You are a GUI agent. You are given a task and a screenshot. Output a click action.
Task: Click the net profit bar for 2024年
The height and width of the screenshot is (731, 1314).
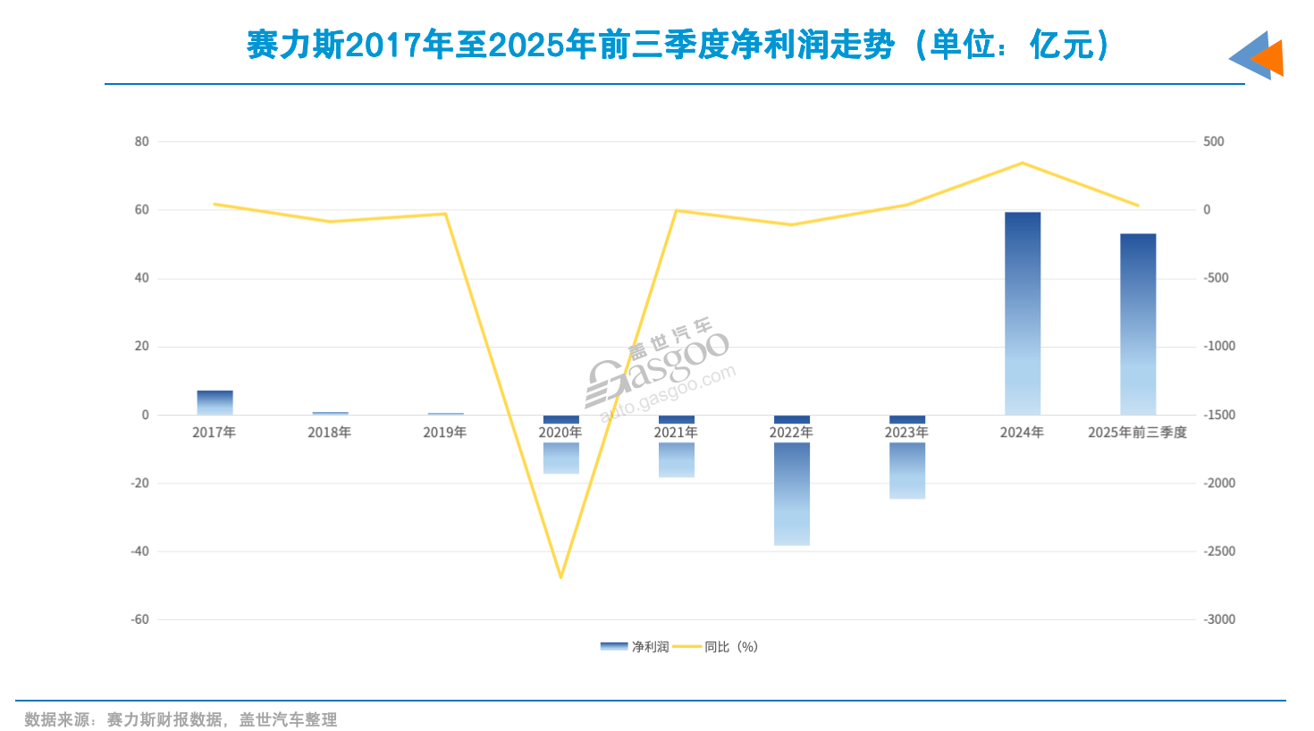pyautogui.click(x=1023, y=313)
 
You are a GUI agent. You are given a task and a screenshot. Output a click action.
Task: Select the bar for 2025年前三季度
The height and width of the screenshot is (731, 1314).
pyautogui.click(x=1138, y=323)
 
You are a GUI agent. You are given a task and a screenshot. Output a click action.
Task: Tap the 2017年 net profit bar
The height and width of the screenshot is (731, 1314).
pyautogui.click(x=215, y=402)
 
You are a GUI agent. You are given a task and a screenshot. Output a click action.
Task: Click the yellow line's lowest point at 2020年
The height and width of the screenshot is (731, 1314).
pyautogui.click(x=560, y=577)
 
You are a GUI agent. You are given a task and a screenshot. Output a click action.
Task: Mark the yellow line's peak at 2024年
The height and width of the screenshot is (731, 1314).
pyautogui.click(x=1023, y=163)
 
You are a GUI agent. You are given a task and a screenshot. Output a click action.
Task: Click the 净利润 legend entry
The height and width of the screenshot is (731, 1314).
pyautogui.click(x=635, y=646)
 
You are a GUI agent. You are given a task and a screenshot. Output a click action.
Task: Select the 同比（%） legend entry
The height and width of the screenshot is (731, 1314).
pyautogui.click(x=715, y=646)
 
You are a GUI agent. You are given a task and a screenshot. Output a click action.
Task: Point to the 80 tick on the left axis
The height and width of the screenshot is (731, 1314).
pyautogui.click(x=142, y=141)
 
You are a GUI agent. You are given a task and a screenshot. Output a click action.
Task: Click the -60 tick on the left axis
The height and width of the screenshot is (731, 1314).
pyautogui.click(x=139, y=619)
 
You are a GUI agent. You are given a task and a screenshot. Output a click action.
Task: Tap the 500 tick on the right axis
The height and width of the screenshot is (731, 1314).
pyautogui.click(x=1213, y=141)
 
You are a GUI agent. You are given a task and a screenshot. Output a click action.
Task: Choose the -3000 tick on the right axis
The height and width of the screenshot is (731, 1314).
pyautogui.click(x=1218, y=619)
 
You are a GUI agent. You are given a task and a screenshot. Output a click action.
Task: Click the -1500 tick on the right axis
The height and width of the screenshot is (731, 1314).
pyautogui.click(x=1218, y=415)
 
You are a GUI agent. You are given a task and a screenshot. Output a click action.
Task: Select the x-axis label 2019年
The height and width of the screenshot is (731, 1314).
pyautogui.click(x=445, y=433)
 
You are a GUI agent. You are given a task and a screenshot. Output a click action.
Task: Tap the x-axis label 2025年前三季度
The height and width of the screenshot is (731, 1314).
pyautogui.click(x=1137, y=433)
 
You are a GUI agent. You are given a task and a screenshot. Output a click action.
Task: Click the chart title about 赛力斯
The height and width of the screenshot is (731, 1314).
pyautogui.click(x=678, y=45)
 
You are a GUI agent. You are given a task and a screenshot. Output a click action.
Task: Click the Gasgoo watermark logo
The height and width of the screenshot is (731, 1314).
pyautogui.click(x=660, y=371)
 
